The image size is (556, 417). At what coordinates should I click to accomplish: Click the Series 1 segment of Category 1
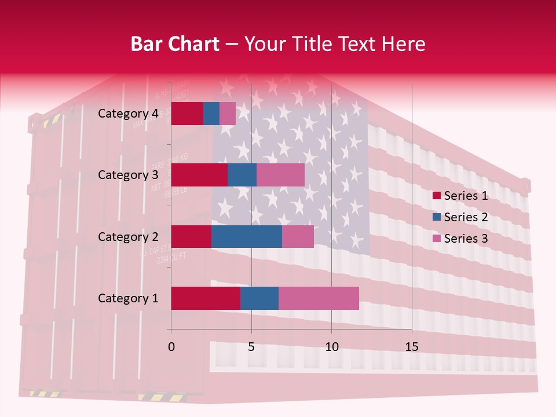coord(206,298)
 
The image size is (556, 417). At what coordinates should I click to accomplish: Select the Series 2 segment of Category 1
coord(259,298)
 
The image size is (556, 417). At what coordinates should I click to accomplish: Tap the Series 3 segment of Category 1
coord(319,298)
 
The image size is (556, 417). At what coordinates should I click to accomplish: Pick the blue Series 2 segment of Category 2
coord(247,236)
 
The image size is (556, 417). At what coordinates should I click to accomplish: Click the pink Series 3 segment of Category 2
coord(298,236)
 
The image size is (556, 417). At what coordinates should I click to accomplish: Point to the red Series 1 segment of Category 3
coord(199,175)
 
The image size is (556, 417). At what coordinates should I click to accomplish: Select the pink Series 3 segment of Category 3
coord(280,175)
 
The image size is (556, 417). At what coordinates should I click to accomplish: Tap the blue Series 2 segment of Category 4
coord(211,114)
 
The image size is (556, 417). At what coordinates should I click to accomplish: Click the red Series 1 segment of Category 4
coord(187,114)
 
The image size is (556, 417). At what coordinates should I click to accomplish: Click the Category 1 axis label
coord(128,298)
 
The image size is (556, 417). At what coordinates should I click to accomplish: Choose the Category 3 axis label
coord(128,175)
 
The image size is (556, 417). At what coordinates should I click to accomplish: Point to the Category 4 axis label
coord(128,114)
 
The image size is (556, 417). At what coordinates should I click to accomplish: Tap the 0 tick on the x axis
coord(171,347)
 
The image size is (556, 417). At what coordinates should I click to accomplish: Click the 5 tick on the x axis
coord(251,347)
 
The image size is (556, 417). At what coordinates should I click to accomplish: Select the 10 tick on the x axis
coord(331,347)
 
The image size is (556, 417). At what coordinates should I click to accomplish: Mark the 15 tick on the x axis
coord(412,347)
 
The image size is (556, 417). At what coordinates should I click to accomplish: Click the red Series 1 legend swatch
coord(436,196)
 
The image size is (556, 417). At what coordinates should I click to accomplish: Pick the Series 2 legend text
coord(466,217)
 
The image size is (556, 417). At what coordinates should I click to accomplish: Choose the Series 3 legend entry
coord(460,239)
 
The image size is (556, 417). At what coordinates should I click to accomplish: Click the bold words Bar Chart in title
coord(174,44)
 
